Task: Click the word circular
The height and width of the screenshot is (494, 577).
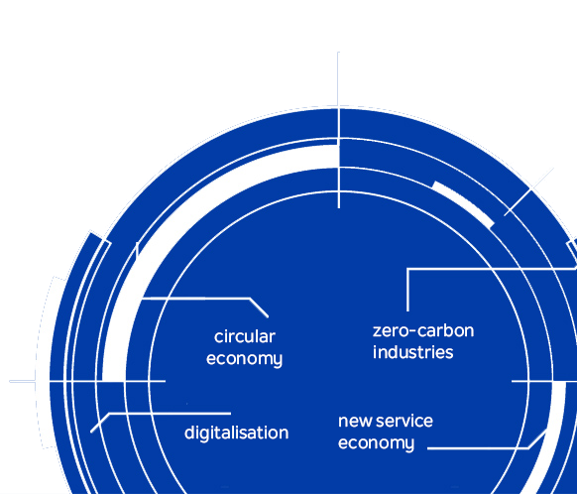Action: [245, 337]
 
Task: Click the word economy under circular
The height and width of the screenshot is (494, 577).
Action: [244, 359]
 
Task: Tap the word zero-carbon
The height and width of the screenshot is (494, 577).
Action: [423, 331]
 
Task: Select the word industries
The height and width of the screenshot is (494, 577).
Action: [412, 352]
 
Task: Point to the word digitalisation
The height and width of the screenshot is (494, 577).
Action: [237, 432]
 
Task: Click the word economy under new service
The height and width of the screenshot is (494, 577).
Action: [376, 443]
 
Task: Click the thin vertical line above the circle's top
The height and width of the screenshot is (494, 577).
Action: [338, 79]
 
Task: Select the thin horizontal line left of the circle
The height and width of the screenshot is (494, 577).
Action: [23, 381]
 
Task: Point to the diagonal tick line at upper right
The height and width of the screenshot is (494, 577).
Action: [528, 191]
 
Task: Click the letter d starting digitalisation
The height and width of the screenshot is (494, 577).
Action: [189, 432]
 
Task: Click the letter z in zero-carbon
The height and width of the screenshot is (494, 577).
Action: [377, 332]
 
